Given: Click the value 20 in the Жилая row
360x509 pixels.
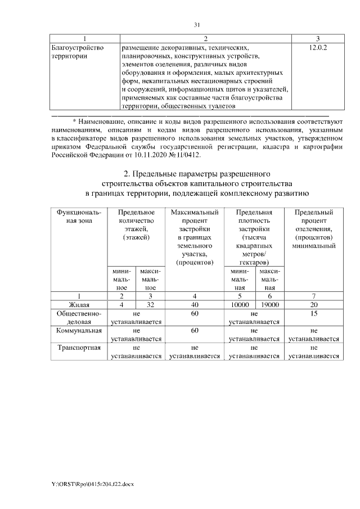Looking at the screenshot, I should tap(314, 304).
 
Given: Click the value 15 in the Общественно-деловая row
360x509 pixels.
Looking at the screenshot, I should tap(314, 313).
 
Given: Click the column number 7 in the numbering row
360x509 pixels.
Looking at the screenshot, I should tap(314, 295).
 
